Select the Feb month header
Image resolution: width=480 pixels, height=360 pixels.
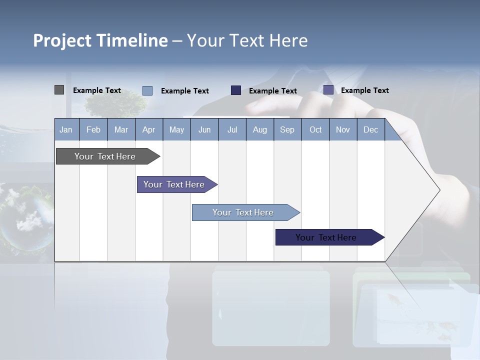coord(93,129)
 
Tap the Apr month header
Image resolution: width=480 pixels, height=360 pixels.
coord(148,129)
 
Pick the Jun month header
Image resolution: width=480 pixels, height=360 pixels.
coord(204,129)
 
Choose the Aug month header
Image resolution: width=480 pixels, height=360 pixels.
coord(259,129)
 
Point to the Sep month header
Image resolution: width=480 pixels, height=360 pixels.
coord(287,129)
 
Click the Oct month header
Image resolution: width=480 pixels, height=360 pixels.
coord(315,129)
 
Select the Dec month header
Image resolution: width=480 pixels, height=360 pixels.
coord(370,129)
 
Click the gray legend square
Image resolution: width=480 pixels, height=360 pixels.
coord(59,90)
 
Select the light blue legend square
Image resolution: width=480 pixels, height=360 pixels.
coord(147,90)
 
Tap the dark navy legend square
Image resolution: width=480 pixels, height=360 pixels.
coord(236,90)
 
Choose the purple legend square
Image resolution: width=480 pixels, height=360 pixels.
coord(328,90)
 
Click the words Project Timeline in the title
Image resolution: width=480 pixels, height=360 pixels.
coord(100,40)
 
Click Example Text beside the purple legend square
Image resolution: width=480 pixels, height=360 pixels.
coord(364,90)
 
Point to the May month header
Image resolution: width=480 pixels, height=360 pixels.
coord(176,129)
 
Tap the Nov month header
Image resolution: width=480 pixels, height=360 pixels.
coord(343,129)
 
